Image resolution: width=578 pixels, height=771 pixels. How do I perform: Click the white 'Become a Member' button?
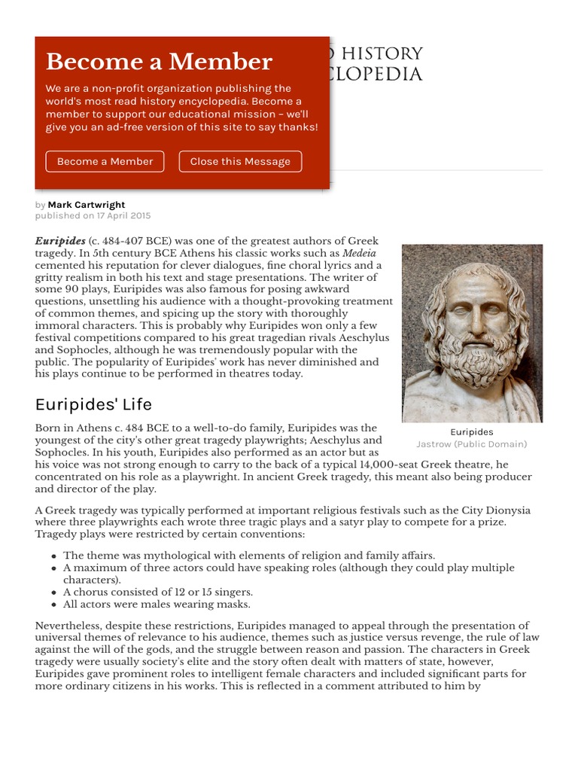click(105, 161)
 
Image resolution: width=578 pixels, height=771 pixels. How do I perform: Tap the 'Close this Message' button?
click(240, 161)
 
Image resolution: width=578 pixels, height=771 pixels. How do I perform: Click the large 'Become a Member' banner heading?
click(159, 62)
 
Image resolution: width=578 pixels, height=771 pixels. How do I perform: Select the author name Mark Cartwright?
click(87, 205)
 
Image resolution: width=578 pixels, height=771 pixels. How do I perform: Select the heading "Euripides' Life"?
click(93, 404)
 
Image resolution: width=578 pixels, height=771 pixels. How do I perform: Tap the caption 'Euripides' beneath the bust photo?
click(471, 432)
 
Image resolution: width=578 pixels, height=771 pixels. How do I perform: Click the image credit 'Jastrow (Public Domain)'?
click(471, 444)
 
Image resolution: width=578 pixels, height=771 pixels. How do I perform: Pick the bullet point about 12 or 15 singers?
click(157, 592)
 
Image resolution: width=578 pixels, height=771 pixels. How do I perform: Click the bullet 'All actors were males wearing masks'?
click(157, 604)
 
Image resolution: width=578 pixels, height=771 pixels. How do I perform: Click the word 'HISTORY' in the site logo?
click(389, 53)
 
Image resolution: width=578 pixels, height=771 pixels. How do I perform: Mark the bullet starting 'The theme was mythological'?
click(248, 556)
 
